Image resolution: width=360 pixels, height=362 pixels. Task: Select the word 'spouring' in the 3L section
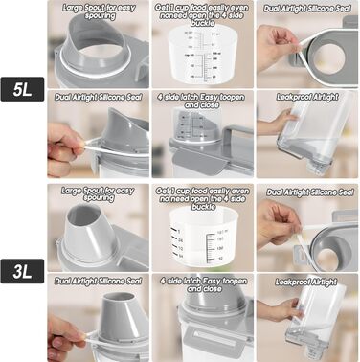click(x=100, y=201)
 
